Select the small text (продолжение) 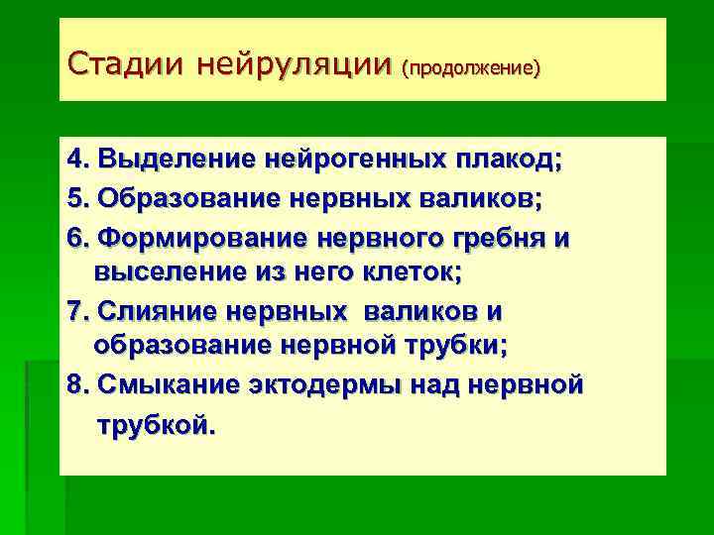click(471, 68)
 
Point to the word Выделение click(175, 159)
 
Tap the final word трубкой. click(154, 427)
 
